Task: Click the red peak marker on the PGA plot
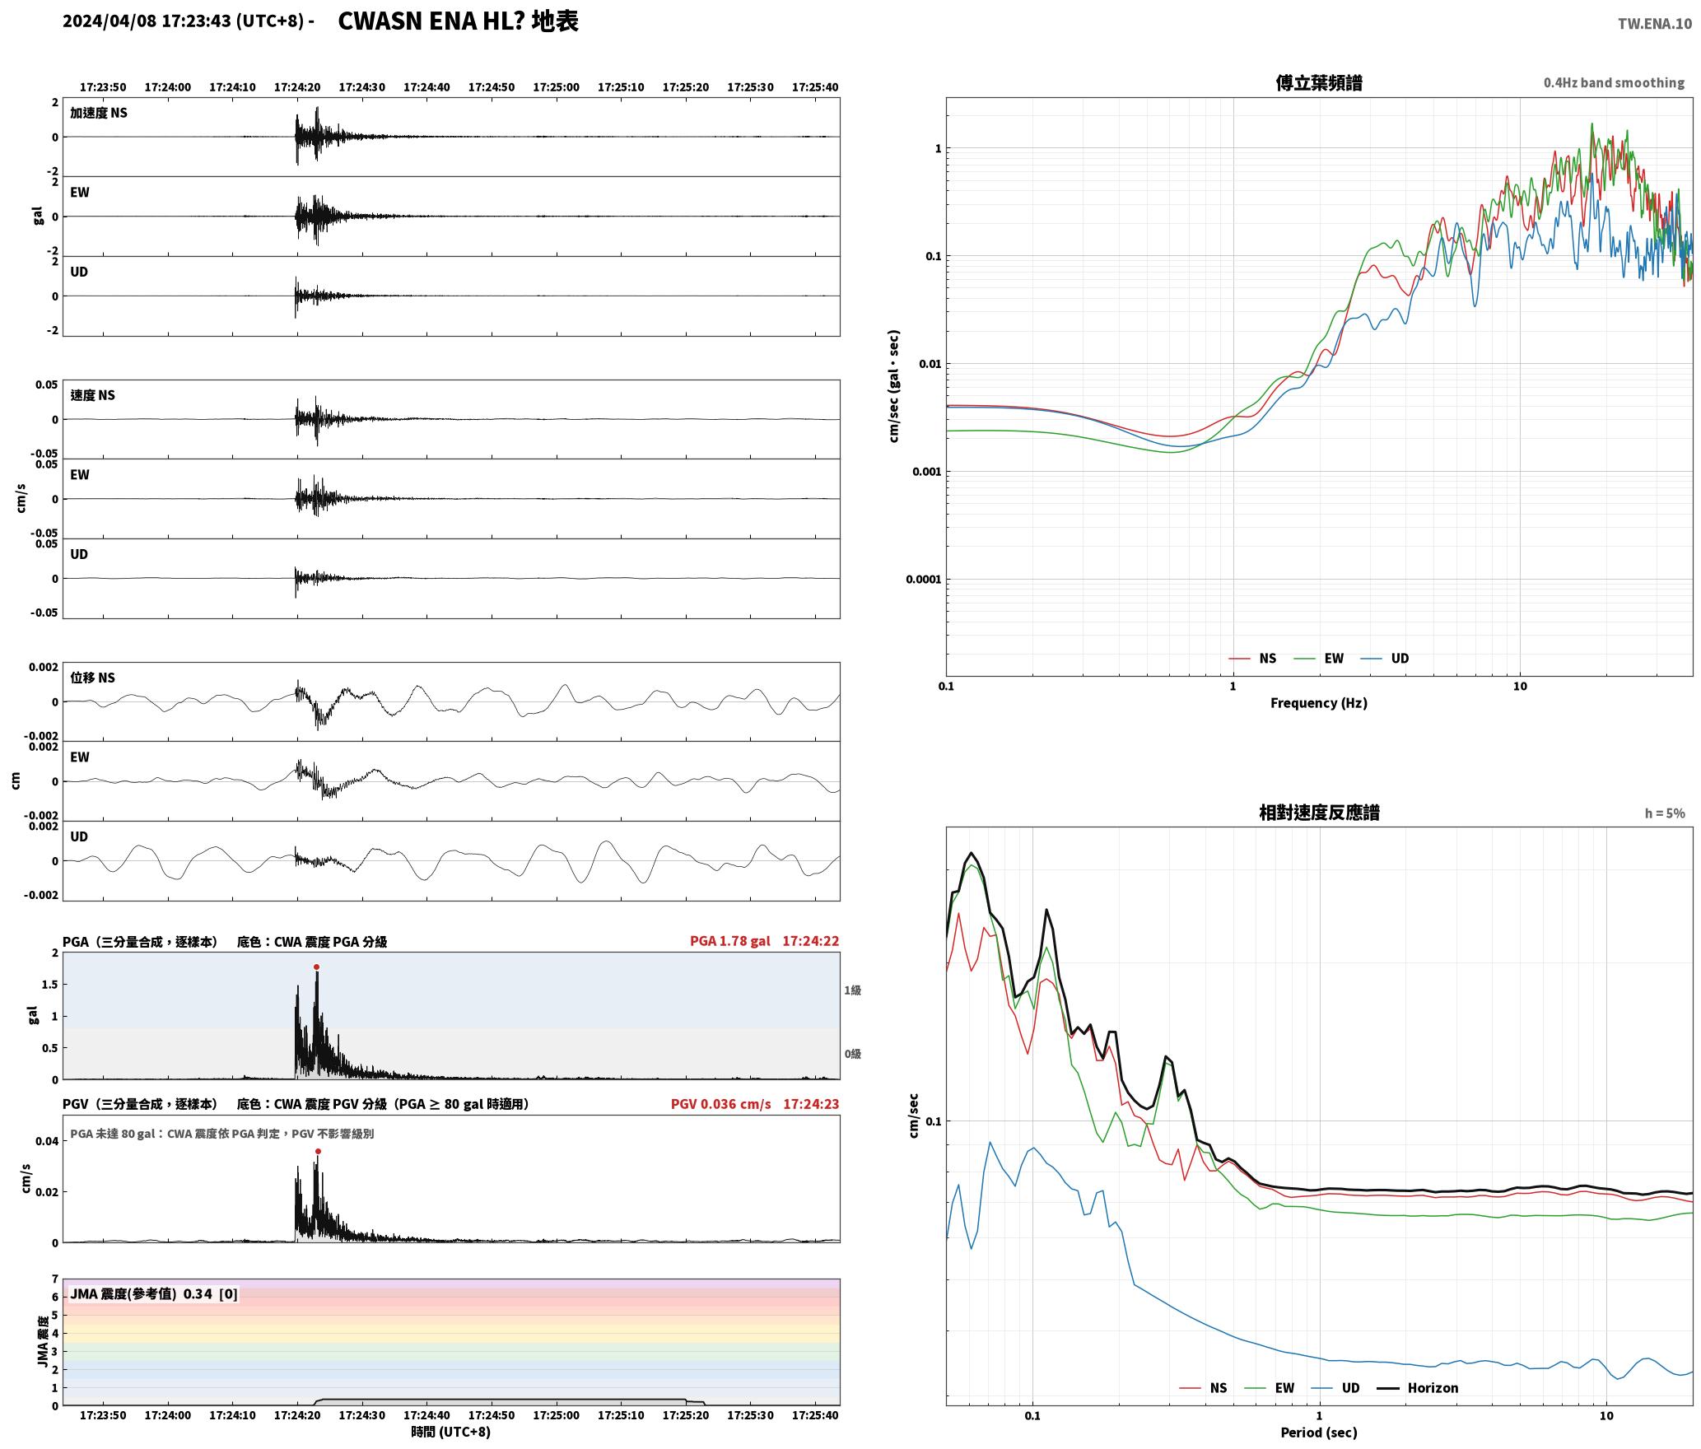tap(316, 967)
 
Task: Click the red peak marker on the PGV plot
tap(318, 1152)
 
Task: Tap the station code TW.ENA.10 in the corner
tap(1655, 24)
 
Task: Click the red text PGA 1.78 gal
tap(730, 941)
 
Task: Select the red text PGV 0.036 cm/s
tap(721, 1104)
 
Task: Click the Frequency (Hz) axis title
tap(1319, 703)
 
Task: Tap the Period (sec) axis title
tap(1319, 1433)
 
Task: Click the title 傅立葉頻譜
tap(1319, 83)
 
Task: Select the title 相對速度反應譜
tap(1319, 813)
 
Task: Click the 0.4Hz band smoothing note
tap(1614, 83)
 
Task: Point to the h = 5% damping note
tap(1665, 813)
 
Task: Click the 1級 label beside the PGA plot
tap(852, 990)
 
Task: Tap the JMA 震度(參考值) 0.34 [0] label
tap(154, 1294)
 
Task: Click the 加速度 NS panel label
tap(99, 113)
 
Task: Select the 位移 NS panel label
tap(92, 678)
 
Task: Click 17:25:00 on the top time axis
tap(556, 87)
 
